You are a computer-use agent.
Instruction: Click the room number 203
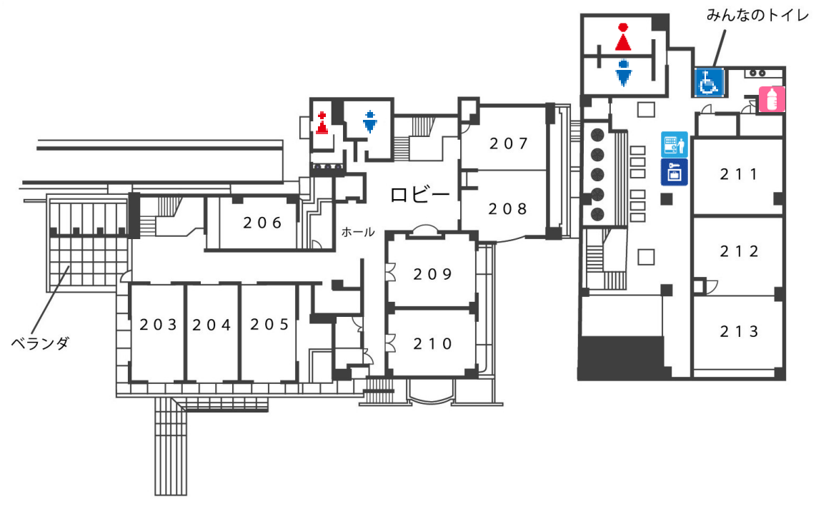coord(158,325)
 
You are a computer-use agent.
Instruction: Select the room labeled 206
coord(262,223)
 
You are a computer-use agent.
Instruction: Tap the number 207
coord(509,143)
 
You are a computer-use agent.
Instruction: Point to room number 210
coord(432,344)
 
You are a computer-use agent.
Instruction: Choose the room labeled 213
coord(740,331)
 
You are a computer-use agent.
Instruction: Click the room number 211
coord(739,174)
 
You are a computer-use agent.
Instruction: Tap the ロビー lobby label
coord(420,195)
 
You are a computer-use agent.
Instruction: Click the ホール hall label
coord(357,231)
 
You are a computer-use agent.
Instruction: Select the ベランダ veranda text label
coord(40,343)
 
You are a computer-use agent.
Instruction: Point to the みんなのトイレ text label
coord(757,16)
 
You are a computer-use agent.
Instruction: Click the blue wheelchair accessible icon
coord(709,82)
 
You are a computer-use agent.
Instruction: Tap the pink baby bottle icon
coord(772,99)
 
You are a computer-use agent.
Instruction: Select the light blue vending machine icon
coord(674,144)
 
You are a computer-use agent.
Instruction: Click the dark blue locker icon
coord(674,173)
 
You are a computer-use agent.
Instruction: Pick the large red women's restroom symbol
coord(622,36)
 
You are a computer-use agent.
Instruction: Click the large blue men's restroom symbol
coord(623,73)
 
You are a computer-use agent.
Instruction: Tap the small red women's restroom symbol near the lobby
coord(322,123)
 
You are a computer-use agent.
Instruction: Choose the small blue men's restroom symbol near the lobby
coord(370,121)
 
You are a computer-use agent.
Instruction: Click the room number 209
coord(432,275)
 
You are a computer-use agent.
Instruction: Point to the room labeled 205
coord(269,325)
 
